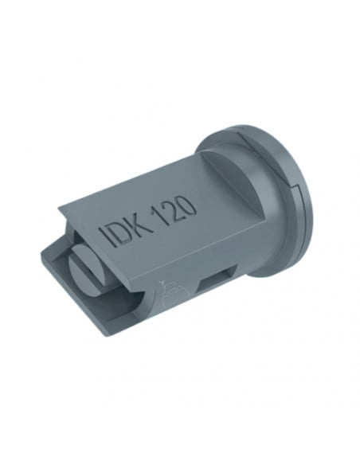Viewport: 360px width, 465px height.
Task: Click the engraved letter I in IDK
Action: [107, 236]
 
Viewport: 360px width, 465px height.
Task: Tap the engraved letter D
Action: [119, 232]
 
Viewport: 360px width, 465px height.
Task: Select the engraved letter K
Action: [136, 224]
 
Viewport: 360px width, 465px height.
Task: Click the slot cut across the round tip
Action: [89, 266]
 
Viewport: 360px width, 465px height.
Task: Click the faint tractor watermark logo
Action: [172, 293]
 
